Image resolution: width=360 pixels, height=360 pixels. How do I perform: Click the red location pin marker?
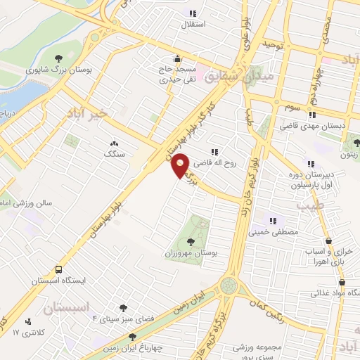(x=181, y=165)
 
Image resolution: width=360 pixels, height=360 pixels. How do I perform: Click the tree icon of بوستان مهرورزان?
(x=191, y=241)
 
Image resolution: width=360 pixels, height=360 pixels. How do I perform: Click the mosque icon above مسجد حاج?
(x=177, y=58)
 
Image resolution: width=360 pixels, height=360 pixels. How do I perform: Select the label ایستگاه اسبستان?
(x=57, y=280)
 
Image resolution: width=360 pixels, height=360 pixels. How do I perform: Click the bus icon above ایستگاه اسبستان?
(x=58, y=269)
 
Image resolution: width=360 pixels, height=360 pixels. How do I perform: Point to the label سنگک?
(x=113, y=153)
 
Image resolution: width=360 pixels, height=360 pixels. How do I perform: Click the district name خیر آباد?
(x=87, y=112)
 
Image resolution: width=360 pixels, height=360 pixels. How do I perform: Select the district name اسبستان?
(x=67, y=307)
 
